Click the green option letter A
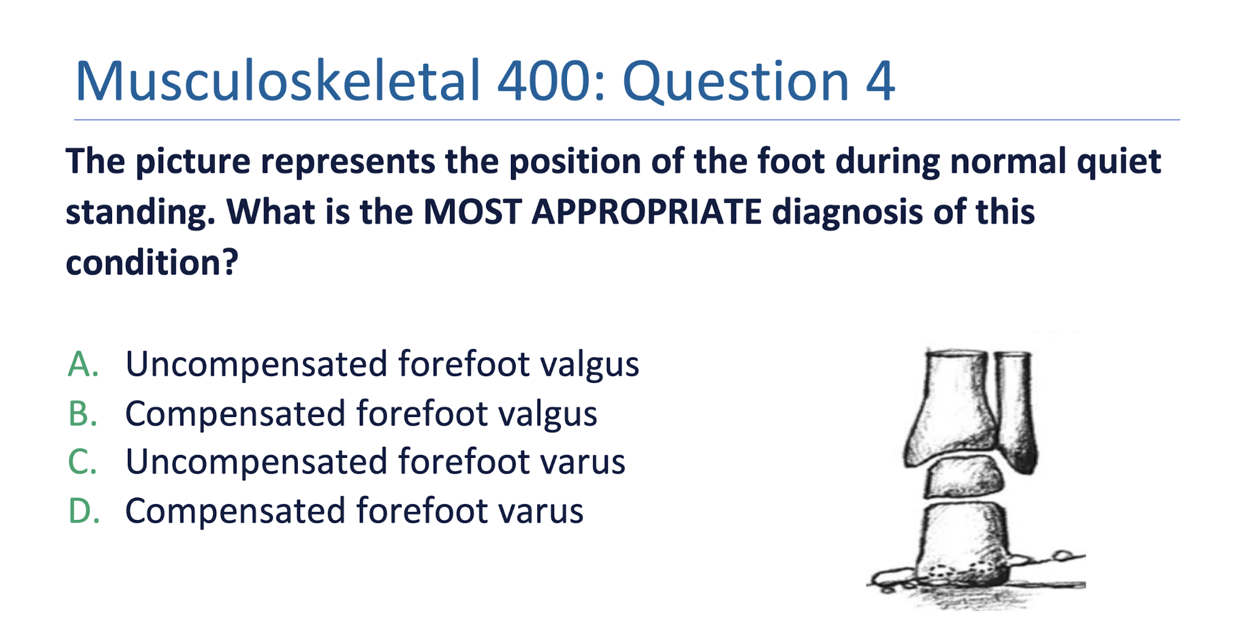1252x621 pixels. [x=83, y=365]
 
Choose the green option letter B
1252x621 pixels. [x=83, y=414]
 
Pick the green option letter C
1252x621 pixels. [x=83, y=461]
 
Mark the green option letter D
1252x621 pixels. [x=83, y=511]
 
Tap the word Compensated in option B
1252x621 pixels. [x=235, y=414]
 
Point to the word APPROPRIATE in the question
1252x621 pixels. [x=646, y=212]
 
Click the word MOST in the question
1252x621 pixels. [x=472, y=212]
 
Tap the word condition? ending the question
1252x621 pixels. [x=152, y=262]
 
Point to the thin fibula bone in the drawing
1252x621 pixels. [x=1016, y=414]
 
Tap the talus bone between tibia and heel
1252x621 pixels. [x=964, y=478]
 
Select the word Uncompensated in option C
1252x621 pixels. [x=256, y=461]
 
